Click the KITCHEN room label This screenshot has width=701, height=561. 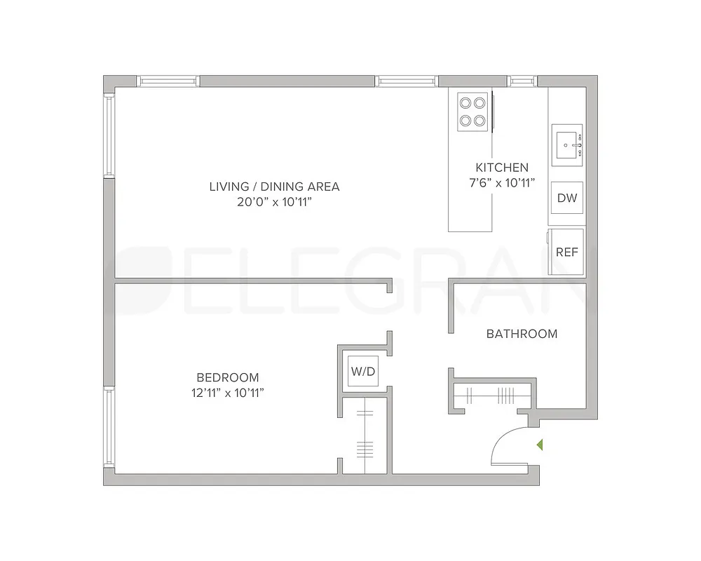tap(502, 168)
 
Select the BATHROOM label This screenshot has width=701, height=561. tap(522, 334)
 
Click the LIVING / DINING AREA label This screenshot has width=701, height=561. tap(274, 187)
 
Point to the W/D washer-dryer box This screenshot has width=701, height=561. tap(362, 372)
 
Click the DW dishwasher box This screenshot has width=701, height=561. tap(566, 198)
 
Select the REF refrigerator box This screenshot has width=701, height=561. tap(566, 251)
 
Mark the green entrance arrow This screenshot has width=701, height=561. tap(540, 444)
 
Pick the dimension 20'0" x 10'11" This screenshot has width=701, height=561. tap(274, 203)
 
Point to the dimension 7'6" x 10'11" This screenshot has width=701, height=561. tap(502, 183)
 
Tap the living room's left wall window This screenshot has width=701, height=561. tap(109, 136)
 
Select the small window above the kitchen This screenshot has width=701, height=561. tap(522, 81)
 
